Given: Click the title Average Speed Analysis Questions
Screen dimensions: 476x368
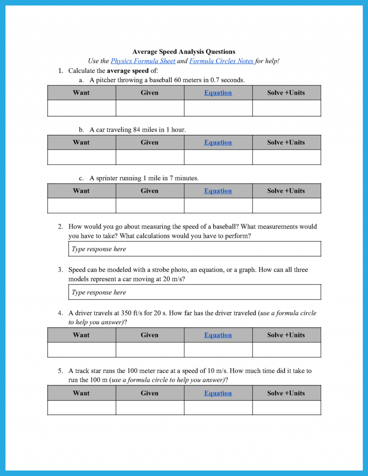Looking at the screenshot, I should tap(184, 52).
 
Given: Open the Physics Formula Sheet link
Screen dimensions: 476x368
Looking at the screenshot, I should tap(143, 61).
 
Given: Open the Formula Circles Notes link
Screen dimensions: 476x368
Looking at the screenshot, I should tap(221, 61).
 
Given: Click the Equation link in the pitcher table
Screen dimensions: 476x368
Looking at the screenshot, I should tap(218, 92).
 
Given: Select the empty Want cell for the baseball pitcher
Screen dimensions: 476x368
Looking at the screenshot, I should tap(81, 108).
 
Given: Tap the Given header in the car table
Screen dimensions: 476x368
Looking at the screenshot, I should tap(149, 142).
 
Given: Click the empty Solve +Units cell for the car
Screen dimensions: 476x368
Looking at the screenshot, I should tap(286, 157).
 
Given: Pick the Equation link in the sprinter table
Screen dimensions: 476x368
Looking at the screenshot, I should tap(218, 191).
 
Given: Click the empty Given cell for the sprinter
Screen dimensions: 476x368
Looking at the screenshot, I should tap(149, 206).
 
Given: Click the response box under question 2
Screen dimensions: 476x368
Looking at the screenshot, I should tap(194, 249).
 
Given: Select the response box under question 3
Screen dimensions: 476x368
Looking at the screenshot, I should tap(194, 292).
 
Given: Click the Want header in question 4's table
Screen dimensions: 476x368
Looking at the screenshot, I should tap(81, 335).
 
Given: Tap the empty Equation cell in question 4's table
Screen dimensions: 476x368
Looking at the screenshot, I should tap(218, 350).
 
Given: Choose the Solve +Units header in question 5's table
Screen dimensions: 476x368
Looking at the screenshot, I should tap(286, 393).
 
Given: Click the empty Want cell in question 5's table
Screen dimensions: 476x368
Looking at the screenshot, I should tap(81, 407).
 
